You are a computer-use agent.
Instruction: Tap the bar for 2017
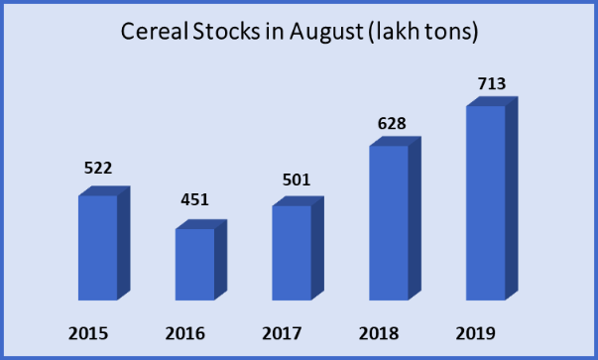pyautogui.click(x=292, y=252)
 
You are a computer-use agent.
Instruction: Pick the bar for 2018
pyautogui.click(x=389, y=222)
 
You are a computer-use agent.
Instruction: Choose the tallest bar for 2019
pyautogui.click(x=486, y=202)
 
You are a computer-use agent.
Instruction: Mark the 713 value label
pyautogui.click(x=491, y=83)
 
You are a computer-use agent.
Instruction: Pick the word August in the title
pyautogui.click(x=326, y=34)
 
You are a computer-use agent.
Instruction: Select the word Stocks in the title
pyautogui.click(x=232, y=33)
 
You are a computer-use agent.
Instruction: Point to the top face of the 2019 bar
pyautogui.click(x=493, y=100)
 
